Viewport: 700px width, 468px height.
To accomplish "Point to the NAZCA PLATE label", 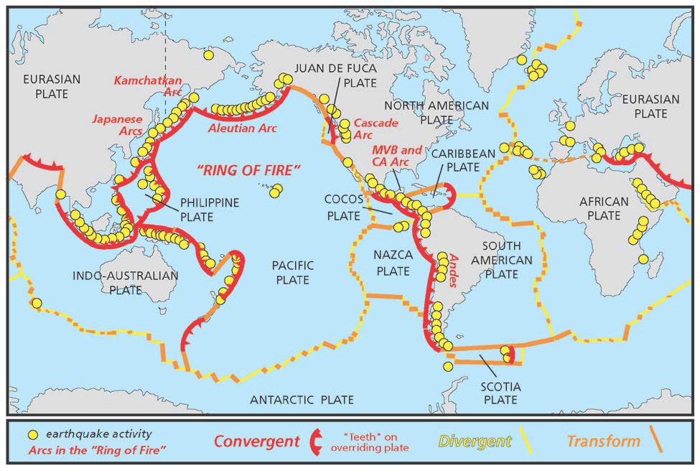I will point(392,262).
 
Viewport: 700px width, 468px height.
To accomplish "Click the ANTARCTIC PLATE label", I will point(302,399).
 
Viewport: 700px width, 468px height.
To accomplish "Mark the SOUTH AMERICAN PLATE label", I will point(502,260).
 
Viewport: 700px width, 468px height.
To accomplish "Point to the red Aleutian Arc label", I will point(242,128).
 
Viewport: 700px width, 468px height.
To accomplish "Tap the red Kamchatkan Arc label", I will point(151,88).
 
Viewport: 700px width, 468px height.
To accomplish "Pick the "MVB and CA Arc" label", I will point(396,156).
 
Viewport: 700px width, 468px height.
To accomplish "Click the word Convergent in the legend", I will point(256,441).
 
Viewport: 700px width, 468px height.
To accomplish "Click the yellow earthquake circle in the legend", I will point(32,435).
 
